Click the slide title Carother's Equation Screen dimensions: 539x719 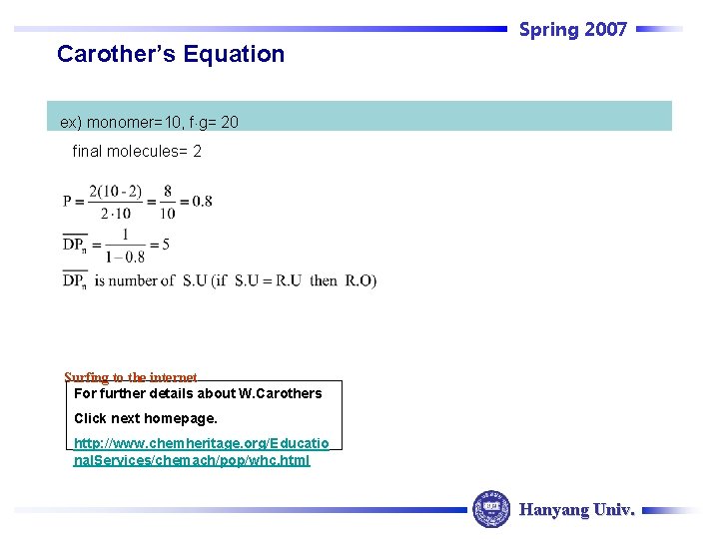point(170,54)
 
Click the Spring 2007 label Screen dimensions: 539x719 point(572,29)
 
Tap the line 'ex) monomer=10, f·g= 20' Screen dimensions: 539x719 point(149,122)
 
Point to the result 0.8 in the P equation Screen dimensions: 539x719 point(202,201)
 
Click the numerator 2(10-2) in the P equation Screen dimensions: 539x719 point(115,191)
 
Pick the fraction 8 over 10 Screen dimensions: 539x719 point(167,201)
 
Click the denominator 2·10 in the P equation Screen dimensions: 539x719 point(115,213)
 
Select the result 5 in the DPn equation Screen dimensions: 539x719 point(165,245)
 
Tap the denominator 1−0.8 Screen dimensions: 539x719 point(124,257)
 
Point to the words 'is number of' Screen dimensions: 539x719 point(136,280)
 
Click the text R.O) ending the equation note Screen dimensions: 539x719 point(360,280)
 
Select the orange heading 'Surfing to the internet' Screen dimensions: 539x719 point(130,377)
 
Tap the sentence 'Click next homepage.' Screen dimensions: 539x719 point(145,418)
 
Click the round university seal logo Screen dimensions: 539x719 point(490,508)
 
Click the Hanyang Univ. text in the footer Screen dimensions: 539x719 point(576,509)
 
